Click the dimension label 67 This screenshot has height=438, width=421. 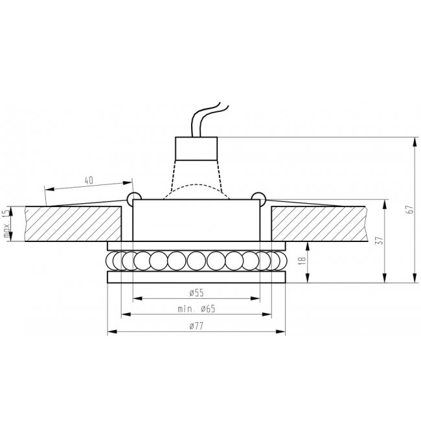(409, 209)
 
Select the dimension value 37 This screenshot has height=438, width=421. (379, 241)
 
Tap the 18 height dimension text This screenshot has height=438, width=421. (302, 260)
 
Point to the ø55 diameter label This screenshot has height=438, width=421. (196, 292)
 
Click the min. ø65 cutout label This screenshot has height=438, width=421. (196, 309)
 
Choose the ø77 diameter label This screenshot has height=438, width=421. (196, 325)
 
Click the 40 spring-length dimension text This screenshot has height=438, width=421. (89, 181)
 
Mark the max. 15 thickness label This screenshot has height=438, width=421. (6, 223)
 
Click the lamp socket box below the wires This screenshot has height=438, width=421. (196, 149)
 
